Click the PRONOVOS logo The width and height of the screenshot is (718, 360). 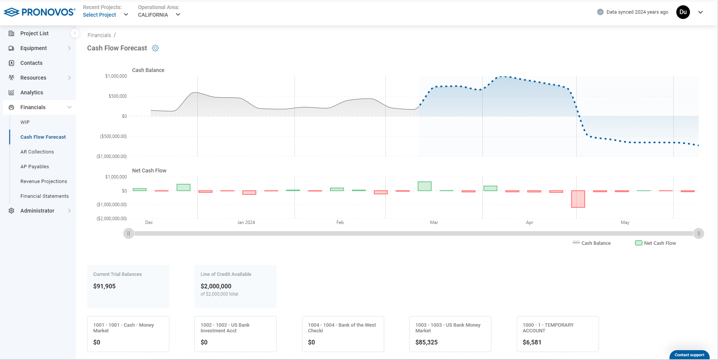point(39,12)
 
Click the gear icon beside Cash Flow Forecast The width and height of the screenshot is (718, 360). point(155,48)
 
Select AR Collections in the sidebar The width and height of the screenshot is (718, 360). point(37,152)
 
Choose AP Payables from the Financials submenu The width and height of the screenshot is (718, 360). point(34,166)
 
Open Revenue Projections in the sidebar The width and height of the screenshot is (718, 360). point(44,181)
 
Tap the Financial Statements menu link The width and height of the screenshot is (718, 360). point(44,196)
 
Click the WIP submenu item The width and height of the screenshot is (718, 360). point(25,122)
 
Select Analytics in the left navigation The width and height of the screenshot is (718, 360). point(31,92)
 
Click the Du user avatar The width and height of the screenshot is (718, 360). point(683,12)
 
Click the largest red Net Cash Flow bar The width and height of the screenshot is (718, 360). point(578,199)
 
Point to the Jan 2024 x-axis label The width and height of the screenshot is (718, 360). point(246,222)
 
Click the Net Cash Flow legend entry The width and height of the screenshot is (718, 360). point(655,243)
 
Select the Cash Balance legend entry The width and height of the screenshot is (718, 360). point(592,243)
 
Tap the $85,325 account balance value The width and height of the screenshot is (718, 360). point(426,342)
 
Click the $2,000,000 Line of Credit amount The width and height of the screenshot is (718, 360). point(216,286)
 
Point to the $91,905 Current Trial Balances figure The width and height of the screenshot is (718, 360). point(104,286)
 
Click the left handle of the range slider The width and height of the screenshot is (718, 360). point(128,233)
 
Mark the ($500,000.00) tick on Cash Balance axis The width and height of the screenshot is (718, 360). point(113,136)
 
